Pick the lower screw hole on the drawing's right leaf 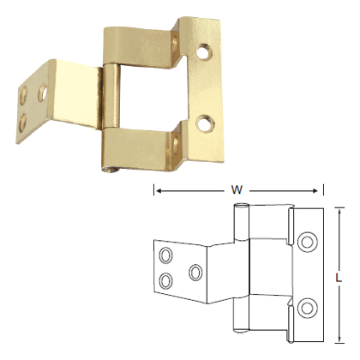(x=309, y=306)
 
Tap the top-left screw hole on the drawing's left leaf (x=165, y=255)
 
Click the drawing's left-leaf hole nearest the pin (x=196, y=273)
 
